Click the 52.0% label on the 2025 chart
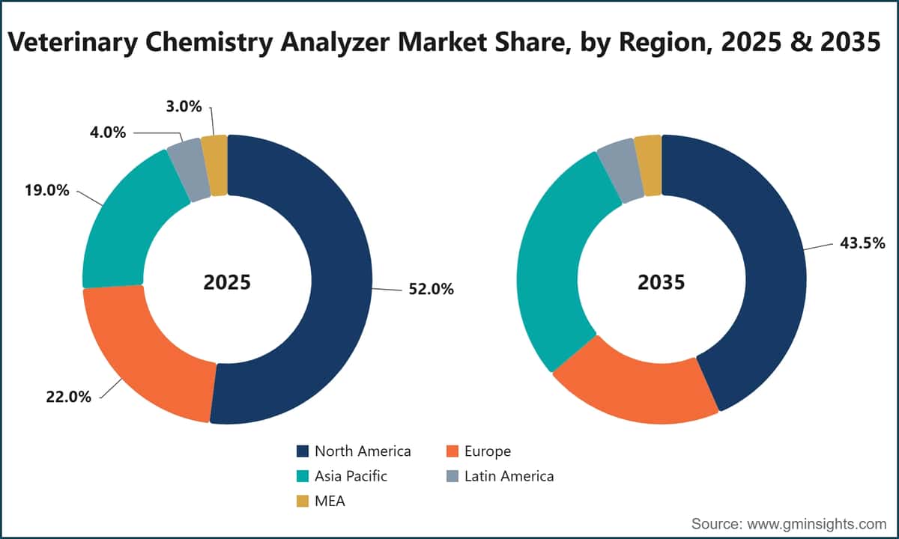431,289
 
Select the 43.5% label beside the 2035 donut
862,243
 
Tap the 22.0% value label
69,397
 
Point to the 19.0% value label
47,190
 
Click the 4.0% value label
108,133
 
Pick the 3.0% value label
184,106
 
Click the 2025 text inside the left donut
227,282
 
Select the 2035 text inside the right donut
662,282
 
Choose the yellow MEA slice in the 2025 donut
215,165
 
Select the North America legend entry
354,451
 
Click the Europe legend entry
479,451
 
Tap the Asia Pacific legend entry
342,476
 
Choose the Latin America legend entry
500,476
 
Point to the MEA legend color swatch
303,501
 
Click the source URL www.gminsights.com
817,524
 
